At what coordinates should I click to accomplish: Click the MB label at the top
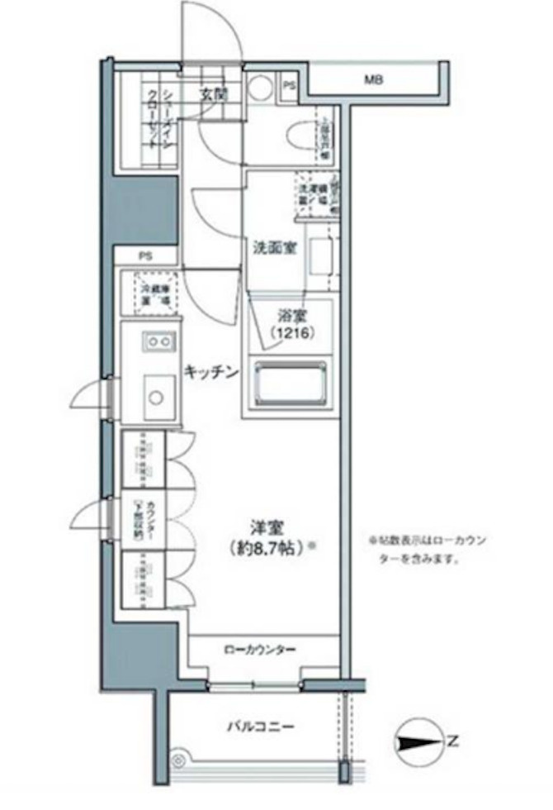375,81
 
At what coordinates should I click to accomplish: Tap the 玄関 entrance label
212,94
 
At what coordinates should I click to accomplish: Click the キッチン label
211,373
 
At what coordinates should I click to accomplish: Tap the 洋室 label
262,525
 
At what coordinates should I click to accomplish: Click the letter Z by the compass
452,741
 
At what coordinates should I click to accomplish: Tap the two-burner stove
158,341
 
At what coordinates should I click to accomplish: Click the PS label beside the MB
289,86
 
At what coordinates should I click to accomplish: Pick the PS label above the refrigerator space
145,256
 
